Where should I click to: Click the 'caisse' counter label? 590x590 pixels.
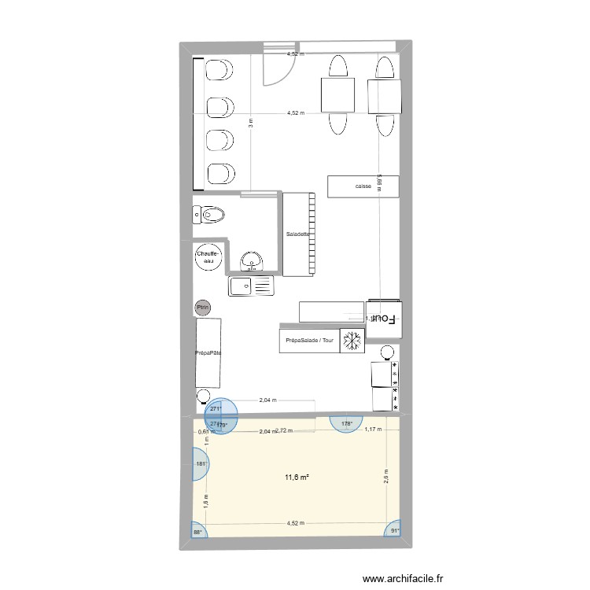(363, 186)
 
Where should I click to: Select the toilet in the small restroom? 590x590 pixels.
(209, 213)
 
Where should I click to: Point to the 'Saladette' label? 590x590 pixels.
(298, 234)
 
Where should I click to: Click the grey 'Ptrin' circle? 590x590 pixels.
(203, 308)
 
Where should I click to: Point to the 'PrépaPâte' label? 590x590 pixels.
(208, 353)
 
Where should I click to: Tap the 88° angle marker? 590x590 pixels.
(197, 533)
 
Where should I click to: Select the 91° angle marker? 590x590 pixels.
(394, 529)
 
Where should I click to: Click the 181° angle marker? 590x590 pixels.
(201, 464)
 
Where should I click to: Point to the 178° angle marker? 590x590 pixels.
(347, 424)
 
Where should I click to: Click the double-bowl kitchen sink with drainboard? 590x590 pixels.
(250, 286)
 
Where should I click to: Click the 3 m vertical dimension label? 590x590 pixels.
(251, 123)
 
